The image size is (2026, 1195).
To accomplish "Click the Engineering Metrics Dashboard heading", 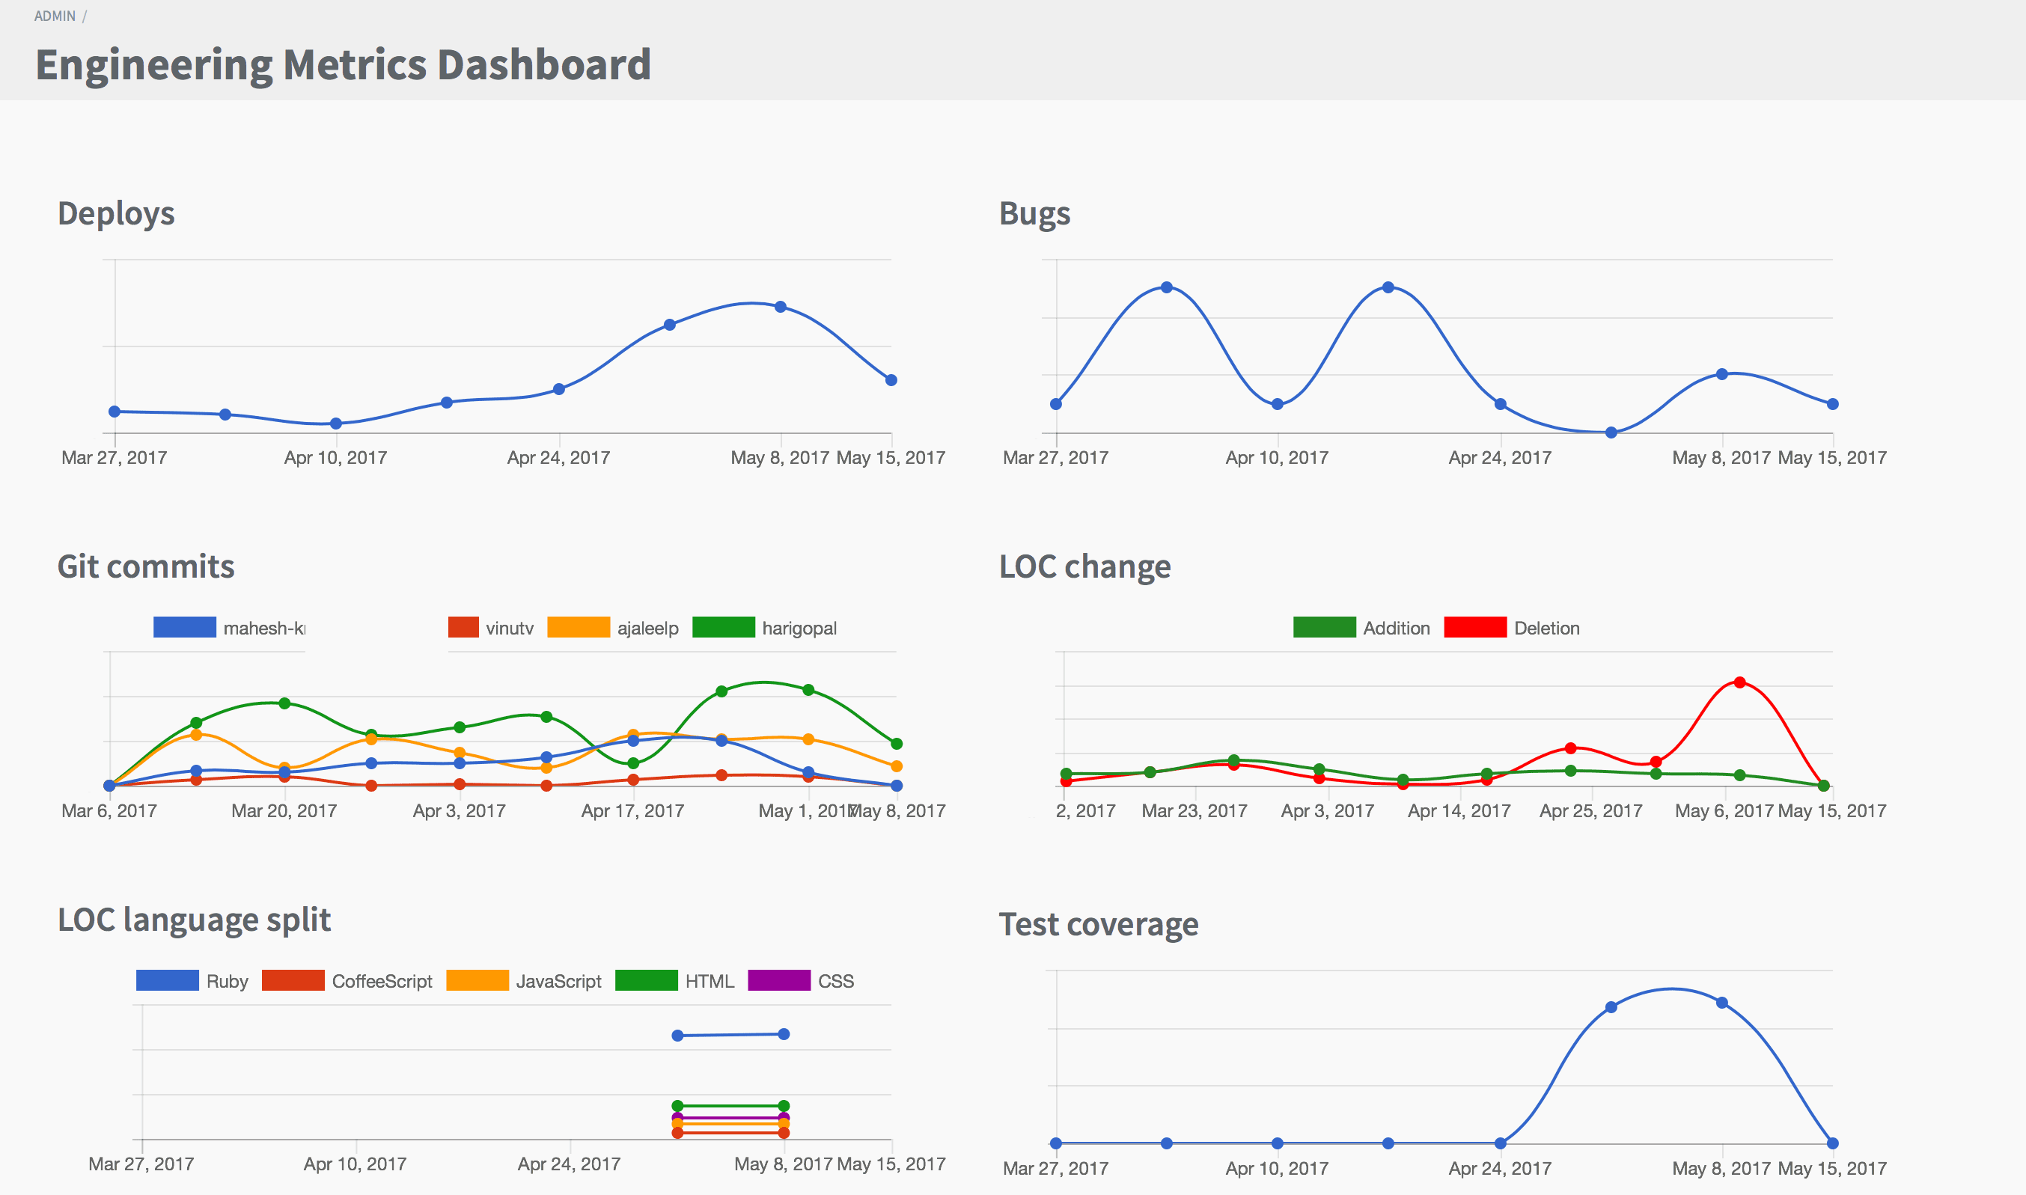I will pyautogui.click(x=343, y=64).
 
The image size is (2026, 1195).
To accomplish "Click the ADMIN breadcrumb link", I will pyautogui.click(x=55, y=16).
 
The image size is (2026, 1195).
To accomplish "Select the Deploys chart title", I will pyautogui.click(x=116, y=213).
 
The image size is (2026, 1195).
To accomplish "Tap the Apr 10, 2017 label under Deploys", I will pyautogui.click(x=335, y=457).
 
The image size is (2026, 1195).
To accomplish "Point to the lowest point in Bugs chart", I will pyautogui.click(x=1611, y=433).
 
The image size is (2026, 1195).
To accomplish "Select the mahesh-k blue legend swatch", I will pyautogui.click(x=184, y=627).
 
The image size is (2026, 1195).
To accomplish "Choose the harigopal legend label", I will pyautogui.click(x=799, y=628).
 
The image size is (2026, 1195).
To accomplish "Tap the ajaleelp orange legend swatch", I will pyautogui.click(x=579, y=627).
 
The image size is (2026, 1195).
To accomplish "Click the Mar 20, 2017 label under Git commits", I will pyautogui.click(x=284, y=811).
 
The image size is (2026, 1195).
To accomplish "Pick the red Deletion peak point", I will pyautogui.click(x=1739, y=682).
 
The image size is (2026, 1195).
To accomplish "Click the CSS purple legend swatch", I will pyautogui.click(x=778, y=980).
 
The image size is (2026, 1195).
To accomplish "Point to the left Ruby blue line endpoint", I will pyautogui.click(x=677, y=1036).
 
